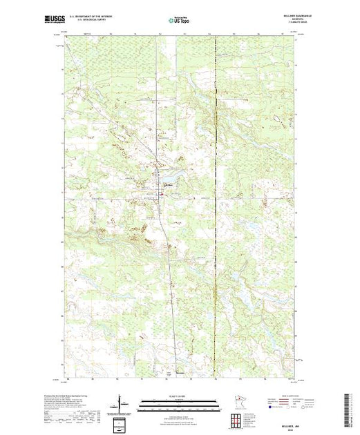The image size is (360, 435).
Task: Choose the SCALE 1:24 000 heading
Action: point(181,396)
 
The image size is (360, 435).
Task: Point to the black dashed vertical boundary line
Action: point(216,207)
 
